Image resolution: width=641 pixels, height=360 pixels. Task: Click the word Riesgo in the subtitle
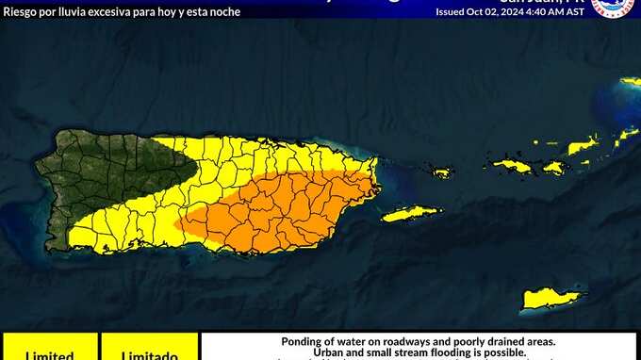[21, 12]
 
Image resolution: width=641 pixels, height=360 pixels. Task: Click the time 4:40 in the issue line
[539, 12]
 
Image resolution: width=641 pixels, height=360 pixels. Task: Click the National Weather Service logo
[614, 8]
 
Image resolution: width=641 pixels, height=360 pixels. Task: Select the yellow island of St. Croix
[551, 298]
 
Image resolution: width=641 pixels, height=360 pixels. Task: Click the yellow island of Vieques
[412, 214]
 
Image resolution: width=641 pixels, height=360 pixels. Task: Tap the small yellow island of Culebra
[441, 172]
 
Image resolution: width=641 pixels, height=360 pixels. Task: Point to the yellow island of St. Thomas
[514, 166]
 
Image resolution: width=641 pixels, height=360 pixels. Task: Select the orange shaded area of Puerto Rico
[283, 212]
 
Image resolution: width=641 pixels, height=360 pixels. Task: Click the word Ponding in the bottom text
[304, 341]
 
